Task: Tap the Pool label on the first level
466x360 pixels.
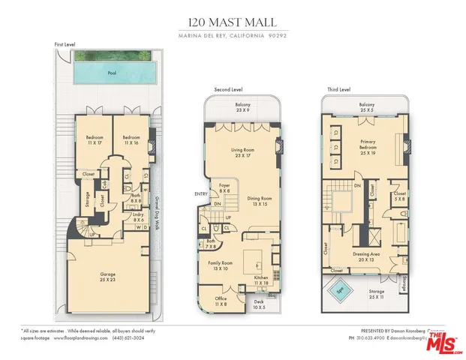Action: [112, 73]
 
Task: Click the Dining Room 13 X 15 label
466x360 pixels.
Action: [259, 202]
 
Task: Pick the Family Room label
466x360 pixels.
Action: [221, 266]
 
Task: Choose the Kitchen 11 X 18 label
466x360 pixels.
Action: [262, 281]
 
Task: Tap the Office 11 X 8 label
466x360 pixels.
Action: [221, 302]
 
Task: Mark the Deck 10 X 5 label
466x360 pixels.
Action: [258, 304]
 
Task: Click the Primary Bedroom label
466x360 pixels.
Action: [368, 145]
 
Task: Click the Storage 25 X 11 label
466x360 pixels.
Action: [376, 293]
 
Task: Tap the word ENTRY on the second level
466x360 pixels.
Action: [202, 193]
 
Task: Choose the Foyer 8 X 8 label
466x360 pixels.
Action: [224, 187]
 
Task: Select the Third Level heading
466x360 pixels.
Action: [339, 89]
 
